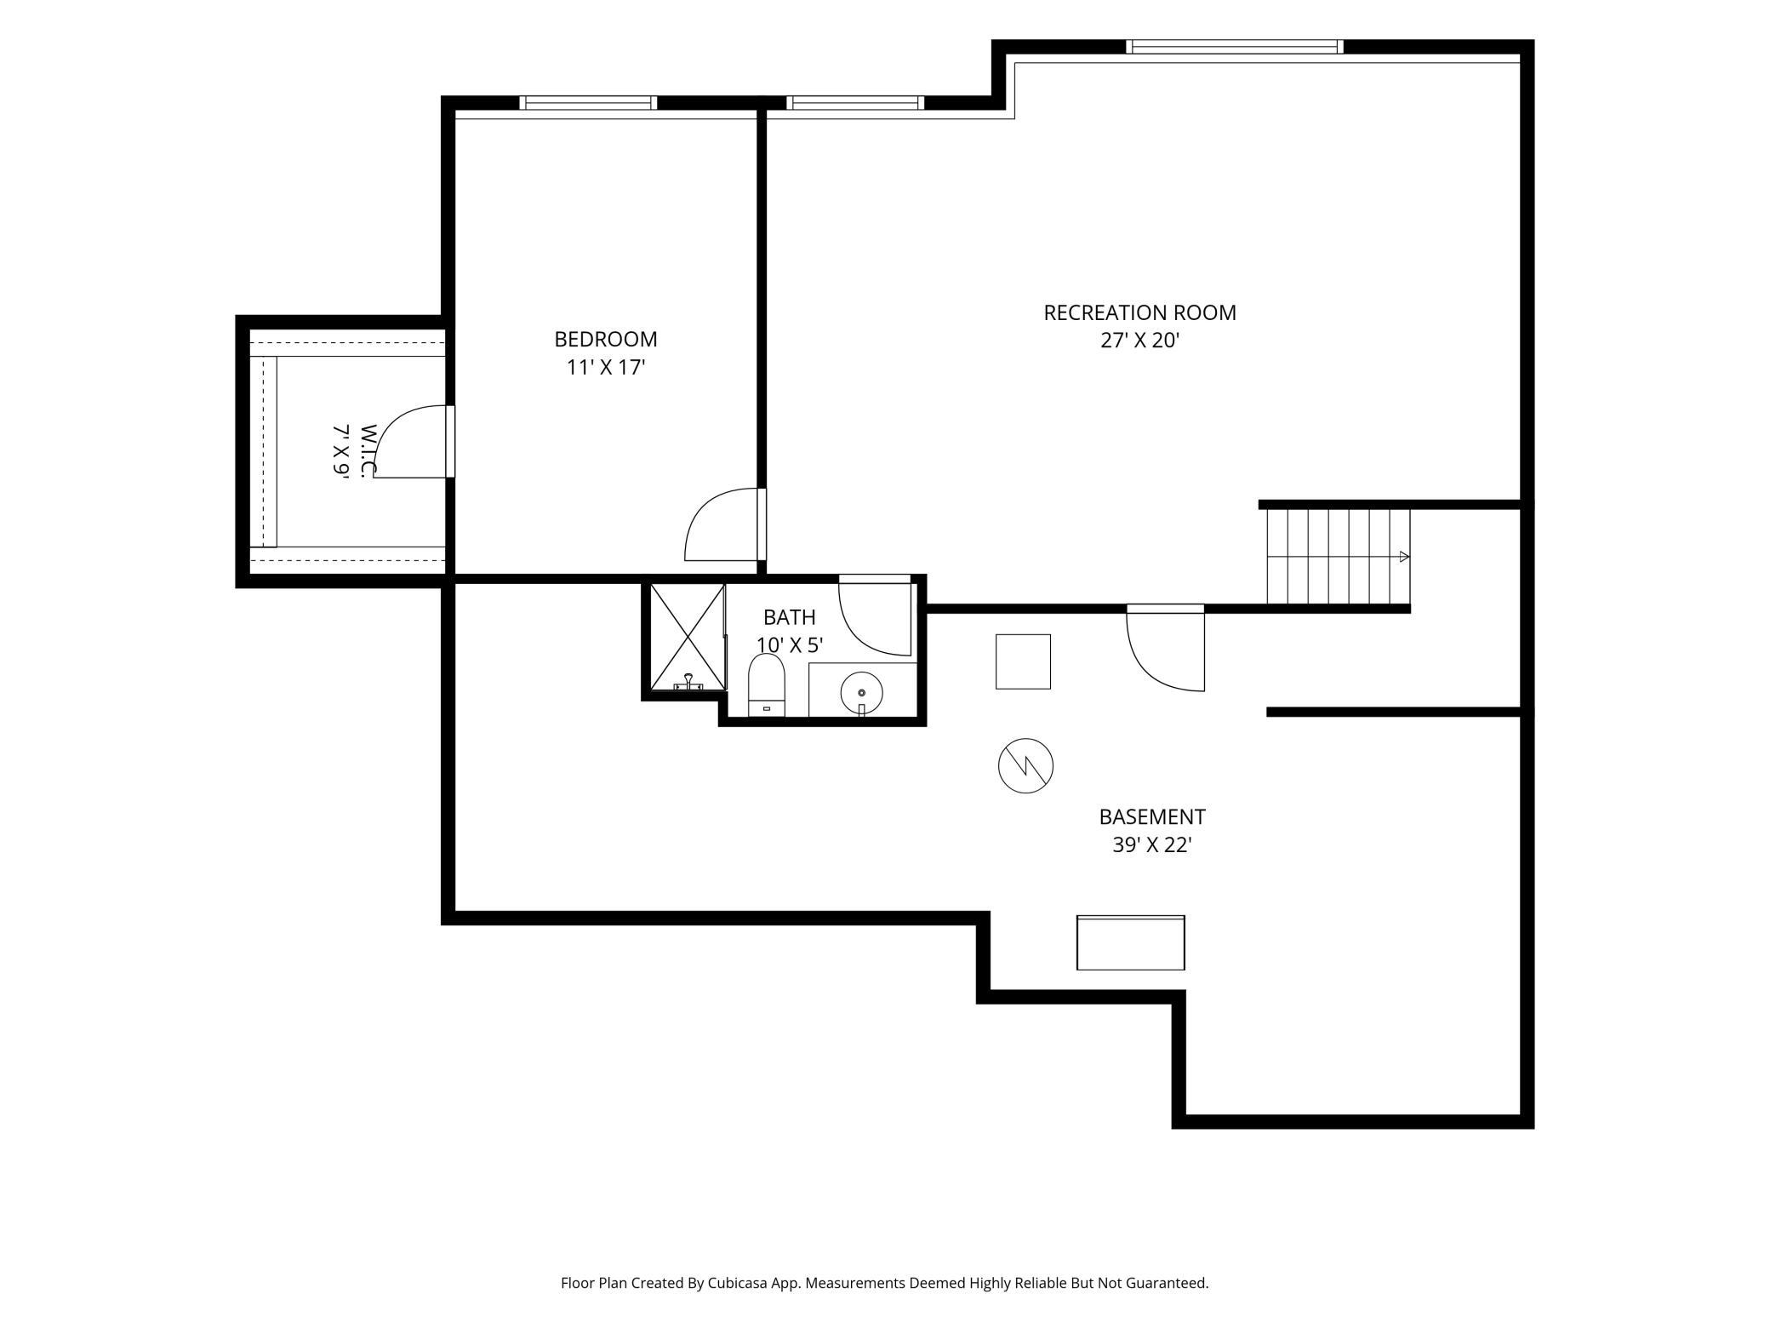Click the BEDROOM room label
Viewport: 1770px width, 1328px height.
coord(606,339)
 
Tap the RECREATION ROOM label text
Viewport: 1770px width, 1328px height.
coord(1139,312)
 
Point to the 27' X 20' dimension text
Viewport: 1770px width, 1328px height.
coord(1139,341)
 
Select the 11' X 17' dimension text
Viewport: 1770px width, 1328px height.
coord(606,368)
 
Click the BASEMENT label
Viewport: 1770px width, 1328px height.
coord(1152,817)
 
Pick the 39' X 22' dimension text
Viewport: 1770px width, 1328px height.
coord(1152,845)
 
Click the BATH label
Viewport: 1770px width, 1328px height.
coord(790,617)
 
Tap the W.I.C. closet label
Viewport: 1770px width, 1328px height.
coord(368,451)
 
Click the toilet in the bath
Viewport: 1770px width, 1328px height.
coord(767,685)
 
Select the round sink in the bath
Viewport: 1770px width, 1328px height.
coord(862,693)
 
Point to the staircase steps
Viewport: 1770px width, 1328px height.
coord(1339,557)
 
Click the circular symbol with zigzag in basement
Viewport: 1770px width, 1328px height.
coord(1025,766)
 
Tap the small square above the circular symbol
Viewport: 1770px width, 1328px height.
coord(1024,661)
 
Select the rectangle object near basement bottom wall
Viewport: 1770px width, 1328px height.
coord(1131,942)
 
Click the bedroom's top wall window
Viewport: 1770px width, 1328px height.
coord(588,103)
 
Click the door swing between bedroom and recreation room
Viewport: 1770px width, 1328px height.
coord(722,524)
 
